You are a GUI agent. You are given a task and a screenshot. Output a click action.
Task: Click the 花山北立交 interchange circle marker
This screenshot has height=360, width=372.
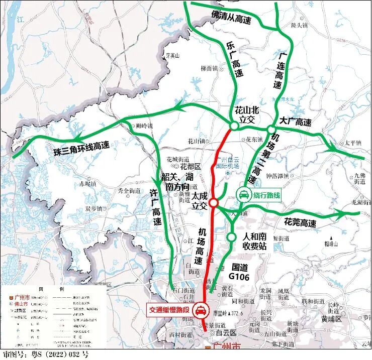tap(234, 126)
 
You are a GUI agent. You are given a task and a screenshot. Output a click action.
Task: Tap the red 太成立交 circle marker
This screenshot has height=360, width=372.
tap(213, 203)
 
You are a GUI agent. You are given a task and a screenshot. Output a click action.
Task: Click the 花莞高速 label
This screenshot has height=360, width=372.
tap(300, 222)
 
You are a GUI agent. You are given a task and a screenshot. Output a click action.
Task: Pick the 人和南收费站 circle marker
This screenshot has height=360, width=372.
tap(231, 236)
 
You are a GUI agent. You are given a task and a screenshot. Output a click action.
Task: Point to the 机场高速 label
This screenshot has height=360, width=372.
tap(201, 246)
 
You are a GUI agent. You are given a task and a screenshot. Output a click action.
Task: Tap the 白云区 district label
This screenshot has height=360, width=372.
tap(226, 332)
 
